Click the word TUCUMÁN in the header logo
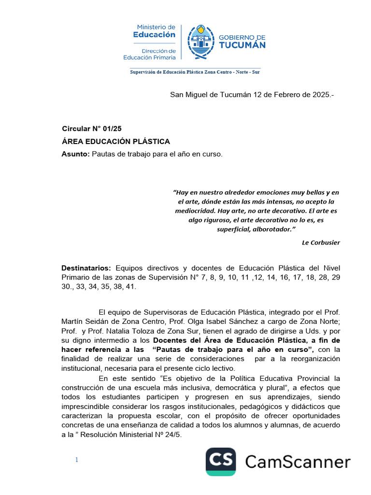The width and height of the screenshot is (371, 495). (243, 45)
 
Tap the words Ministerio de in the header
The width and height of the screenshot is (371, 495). (156, 27)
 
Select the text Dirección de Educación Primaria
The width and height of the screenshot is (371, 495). (149, 54)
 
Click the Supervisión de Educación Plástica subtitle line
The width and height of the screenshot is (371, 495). (195, 72)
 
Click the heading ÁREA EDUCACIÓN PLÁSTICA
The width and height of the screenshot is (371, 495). (116, 142)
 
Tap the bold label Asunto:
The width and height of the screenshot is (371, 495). (76, 154)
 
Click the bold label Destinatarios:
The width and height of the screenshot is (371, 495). (86, 268)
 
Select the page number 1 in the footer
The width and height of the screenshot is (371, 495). (76, 460)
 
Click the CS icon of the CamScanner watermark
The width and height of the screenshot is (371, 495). (221, 462)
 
